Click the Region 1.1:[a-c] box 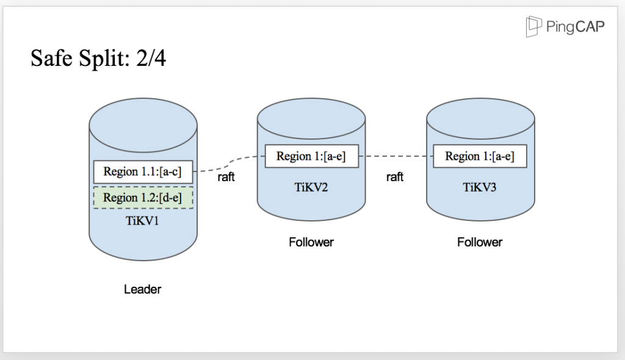[x=143, y=171]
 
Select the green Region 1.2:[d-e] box [x=143, y=198]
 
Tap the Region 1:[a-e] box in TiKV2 [x=311, y=156]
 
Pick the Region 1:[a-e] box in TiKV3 [x=480, y=156]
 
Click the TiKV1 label [x=142, y=221]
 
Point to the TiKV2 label [x=311, y=187]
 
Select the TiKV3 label [x=480, y=187]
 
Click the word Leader [x=142, y=289]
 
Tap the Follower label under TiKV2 [x=311, y=242]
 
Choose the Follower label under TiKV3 [x=480, y=242]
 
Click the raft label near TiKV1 [x=226, y=178]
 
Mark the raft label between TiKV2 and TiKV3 [x=395, y=177]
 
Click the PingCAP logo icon [x=534, y=26]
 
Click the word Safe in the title [x=50, y=59]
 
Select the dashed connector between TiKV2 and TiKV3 [x=395, y=156]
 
